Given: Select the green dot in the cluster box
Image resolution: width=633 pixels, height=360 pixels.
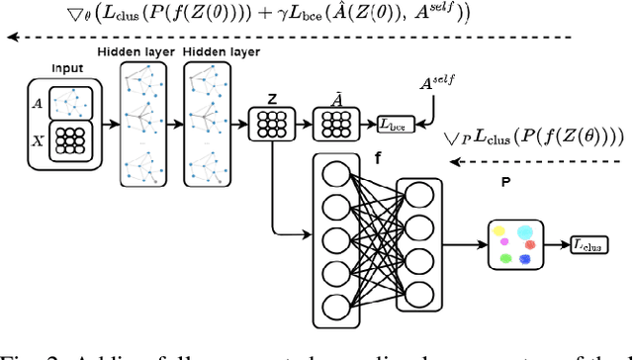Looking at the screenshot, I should tap(504, 258).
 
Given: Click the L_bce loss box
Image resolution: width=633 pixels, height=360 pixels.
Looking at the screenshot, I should tap(398, 125).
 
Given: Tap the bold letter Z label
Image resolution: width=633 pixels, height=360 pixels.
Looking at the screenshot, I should tap(270, 100).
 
